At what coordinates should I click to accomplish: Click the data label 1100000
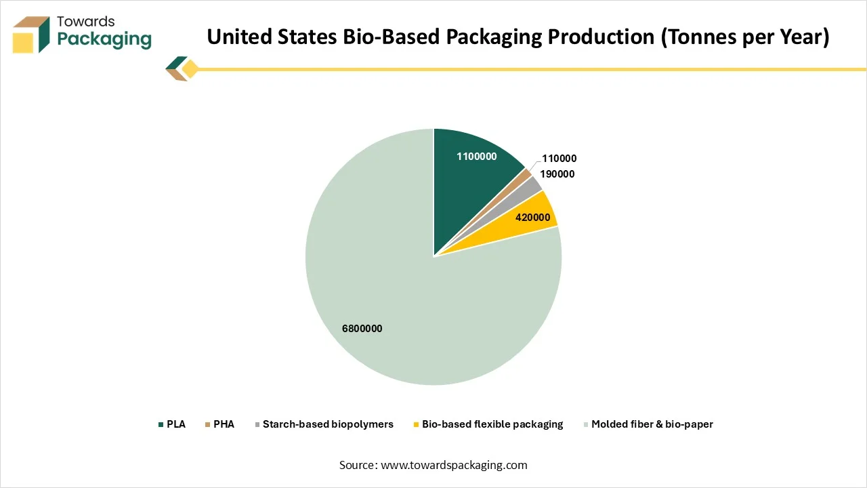(476, 157)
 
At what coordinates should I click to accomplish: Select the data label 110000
(559, 159)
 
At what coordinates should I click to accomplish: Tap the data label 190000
(557, 174)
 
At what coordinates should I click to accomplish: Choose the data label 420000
(532, 218)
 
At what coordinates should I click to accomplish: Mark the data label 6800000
(362, 329)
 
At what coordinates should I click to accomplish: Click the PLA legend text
(176, 424)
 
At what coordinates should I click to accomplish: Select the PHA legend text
(224, 424)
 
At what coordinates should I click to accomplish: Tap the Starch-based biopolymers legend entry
(328, 424)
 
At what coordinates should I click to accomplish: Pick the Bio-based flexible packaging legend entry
(492, 424)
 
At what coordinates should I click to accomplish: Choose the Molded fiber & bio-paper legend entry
(652, 424)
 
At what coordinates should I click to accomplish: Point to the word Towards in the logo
(86, 21)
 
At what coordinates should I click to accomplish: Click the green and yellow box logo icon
(31, 35)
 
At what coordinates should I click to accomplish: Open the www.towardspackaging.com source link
(454, 465)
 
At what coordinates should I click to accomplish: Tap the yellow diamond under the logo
(190, 69)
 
